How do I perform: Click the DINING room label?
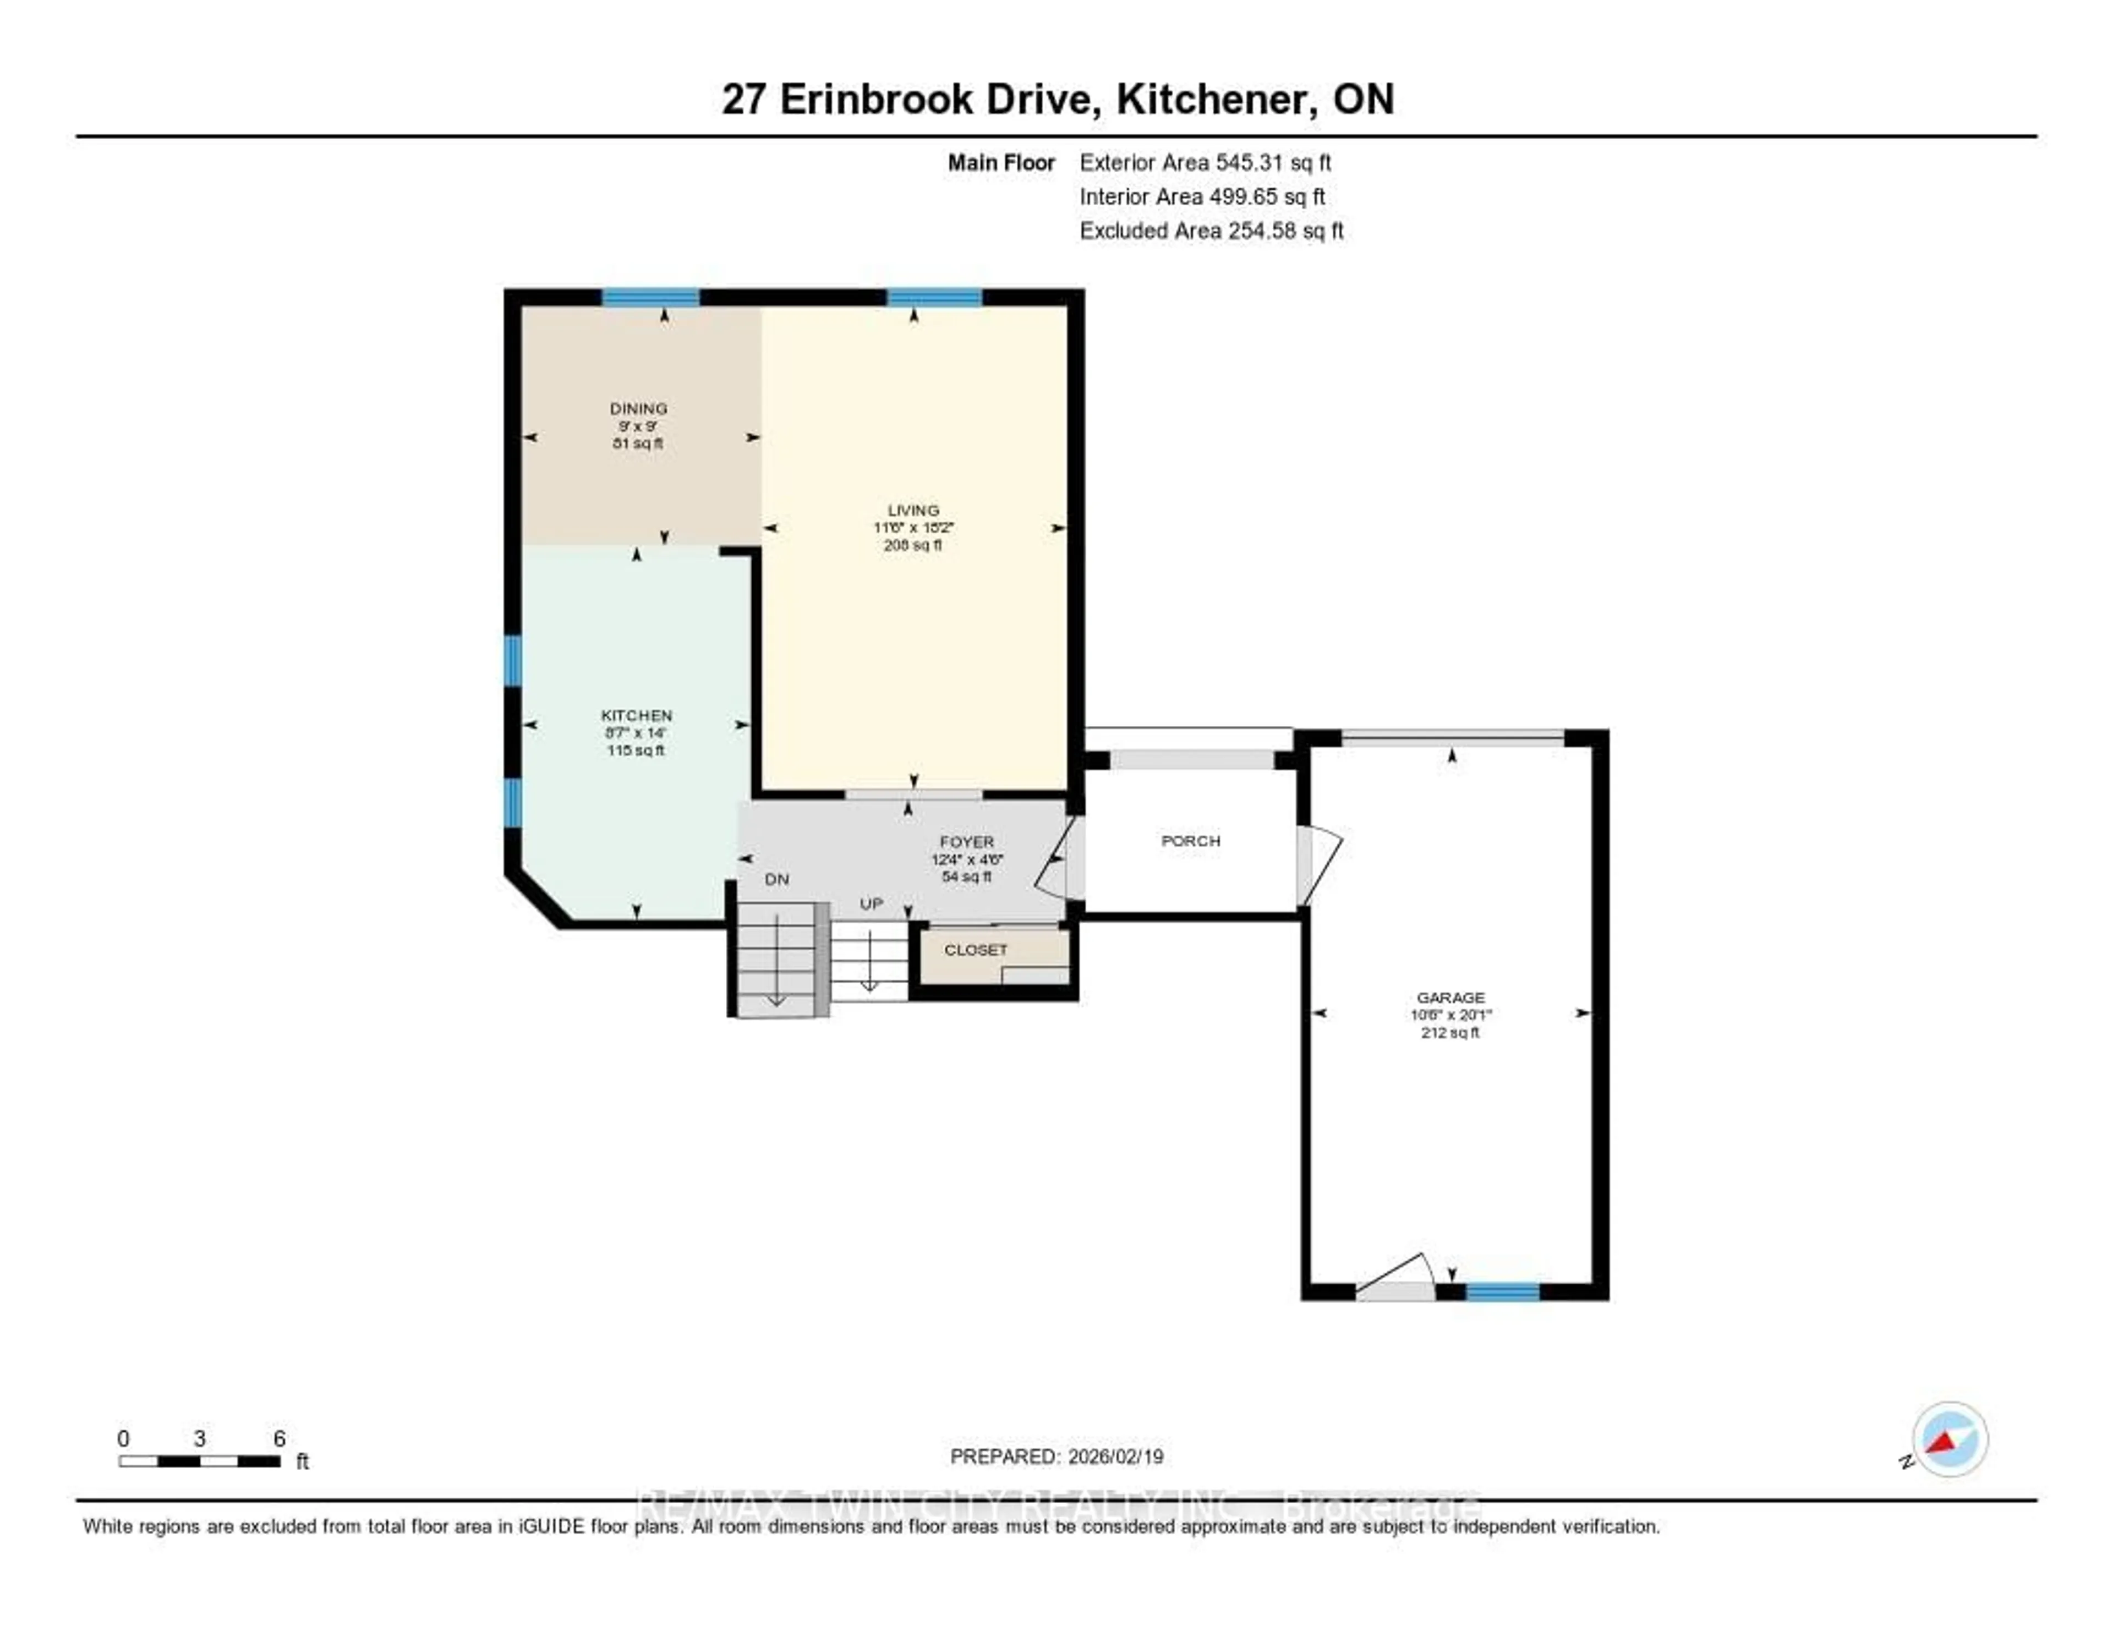638,408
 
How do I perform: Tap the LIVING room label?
913,510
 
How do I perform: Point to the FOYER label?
966,842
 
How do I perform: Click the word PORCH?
1190,841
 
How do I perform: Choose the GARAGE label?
1450,998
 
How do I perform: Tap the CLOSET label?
975,950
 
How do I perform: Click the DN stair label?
777,879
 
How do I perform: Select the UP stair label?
871,903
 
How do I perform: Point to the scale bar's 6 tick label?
280,1438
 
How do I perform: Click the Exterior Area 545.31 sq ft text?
1206,162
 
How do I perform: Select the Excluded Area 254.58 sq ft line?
1211,230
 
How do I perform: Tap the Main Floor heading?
1000,162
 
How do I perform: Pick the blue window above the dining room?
651,297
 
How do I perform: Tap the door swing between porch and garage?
1318,864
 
